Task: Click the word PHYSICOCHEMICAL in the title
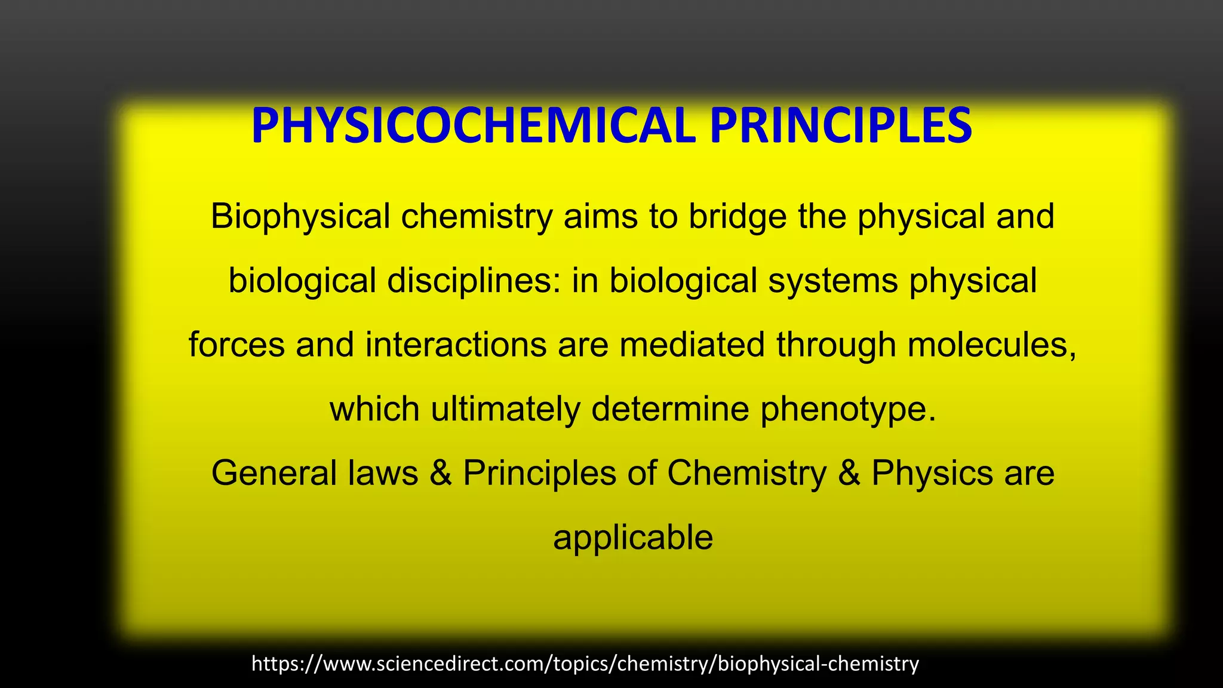(473, 126)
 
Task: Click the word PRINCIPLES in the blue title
(841, 126)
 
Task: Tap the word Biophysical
(300, 216)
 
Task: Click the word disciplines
(474, 281)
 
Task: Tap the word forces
(236, 345)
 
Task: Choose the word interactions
(456, 345)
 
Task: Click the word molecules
(991, 345)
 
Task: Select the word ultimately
(505, 410)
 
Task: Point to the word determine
(670, 409)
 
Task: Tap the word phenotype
(847, 410)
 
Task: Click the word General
(274, 473)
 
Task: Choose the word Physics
(932, 474)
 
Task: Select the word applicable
(632, 538)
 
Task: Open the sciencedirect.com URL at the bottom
(585, 664)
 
